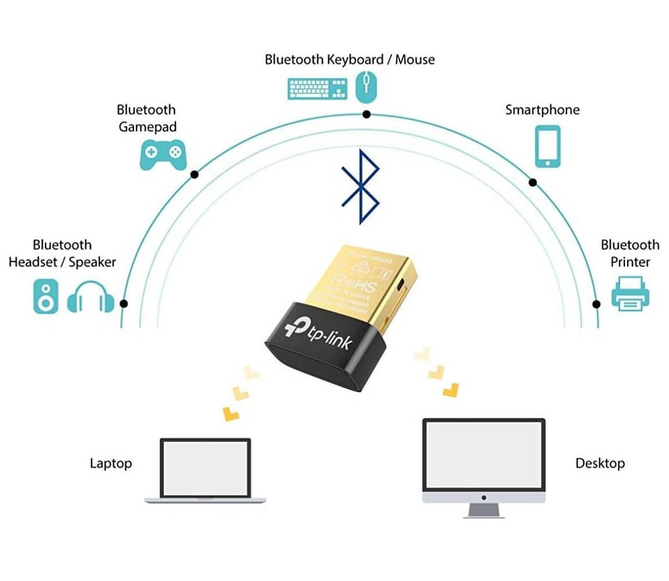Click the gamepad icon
(162, 154)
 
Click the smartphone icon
(547, 146)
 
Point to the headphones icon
(91, 297)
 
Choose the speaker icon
(45, 296)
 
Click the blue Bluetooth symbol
(361, 186)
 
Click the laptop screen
(205, 468)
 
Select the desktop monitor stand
(483, 510)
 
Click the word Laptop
(111, 463)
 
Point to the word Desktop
(599, 463)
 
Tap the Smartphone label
(542, 110)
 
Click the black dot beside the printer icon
(596, 304)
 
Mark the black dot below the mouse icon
(366, 114)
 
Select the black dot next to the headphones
(123, 303)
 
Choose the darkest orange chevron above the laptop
(231, 413)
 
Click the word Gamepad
(147, 127)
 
